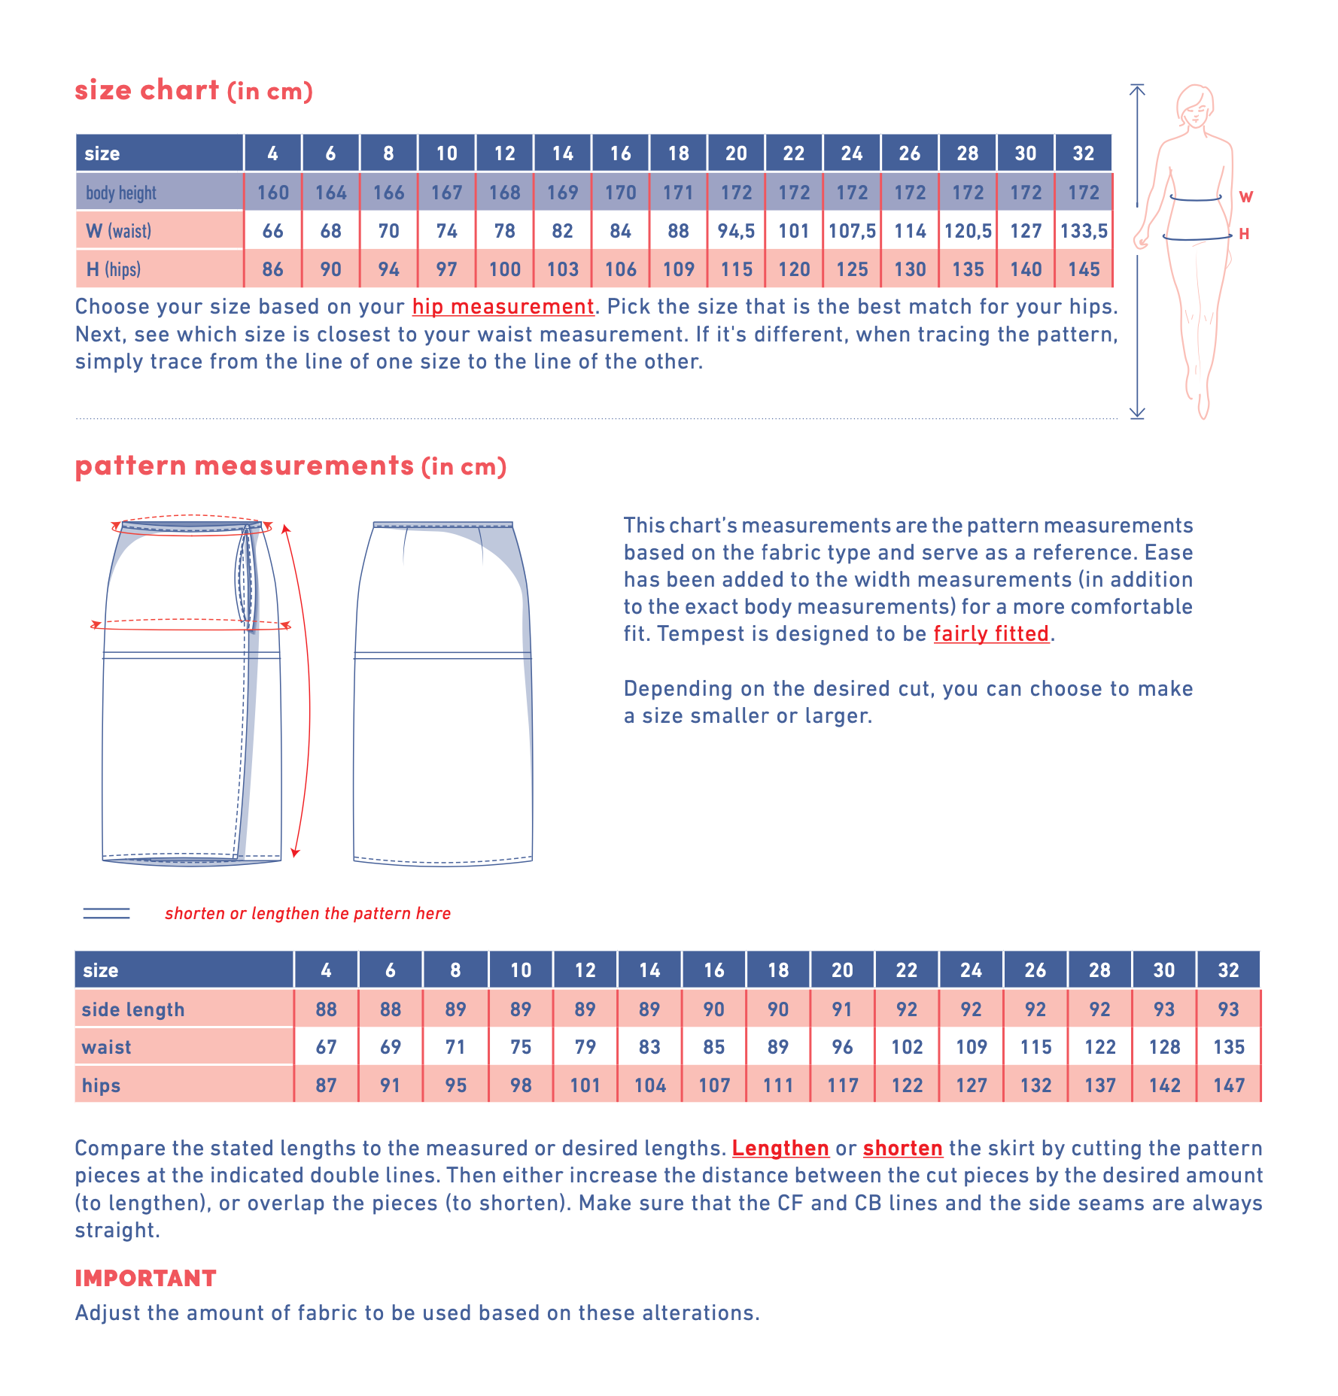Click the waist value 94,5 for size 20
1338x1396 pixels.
click(736, 231)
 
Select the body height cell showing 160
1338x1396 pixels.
click(272, 193)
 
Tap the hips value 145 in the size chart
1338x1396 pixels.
click(1084, 269)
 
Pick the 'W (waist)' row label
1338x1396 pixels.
click(118, 231)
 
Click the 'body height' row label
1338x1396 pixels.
click(121, 193)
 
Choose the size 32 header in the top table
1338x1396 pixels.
click(1084, 153)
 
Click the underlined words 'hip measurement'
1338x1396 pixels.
click(503, 307)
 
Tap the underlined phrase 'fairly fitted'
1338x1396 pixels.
click(991, 634)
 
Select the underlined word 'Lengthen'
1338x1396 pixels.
click(780, 1149)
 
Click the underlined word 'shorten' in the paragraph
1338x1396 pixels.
click(902, 1149)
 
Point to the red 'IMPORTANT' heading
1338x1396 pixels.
click(145, 1278)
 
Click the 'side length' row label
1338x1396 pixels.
click(133, 1009)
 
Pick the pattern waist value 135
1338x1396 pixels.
click(1228, 1047)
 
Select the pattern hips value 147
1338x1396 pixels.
click(1228, 1085)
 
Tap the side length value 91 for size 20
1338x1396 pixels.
click(842, 1009)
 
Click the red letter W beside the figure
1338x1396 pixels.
click(1246, 197)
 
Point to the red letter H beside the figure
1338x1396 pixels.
click(1244, 234)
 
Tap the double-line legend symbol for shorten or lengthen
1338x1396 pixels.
click(106, 913)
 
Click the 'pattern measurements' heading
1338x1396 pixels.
click(245, 466)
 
